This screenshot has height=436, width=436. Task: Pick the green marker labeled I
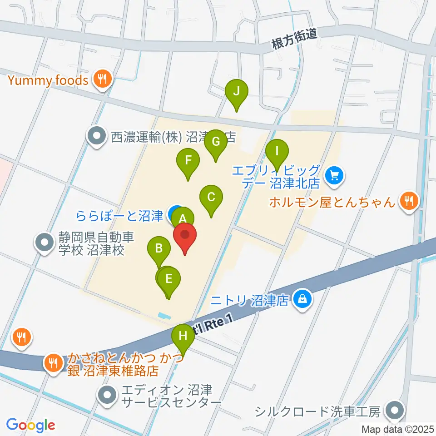coord(277,151)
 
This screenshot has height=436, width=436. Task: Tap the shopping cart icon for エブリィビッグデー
coord(335,174)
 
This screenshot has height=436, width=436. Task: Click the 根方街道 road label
coord(293,40)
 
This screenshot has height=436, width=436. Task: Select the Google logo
coord(30,425)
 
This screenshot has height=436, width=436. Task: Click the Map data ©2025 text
coord(397,429)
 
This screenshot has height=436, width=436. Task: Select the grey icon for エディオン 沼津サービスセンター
coord(108,395)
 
